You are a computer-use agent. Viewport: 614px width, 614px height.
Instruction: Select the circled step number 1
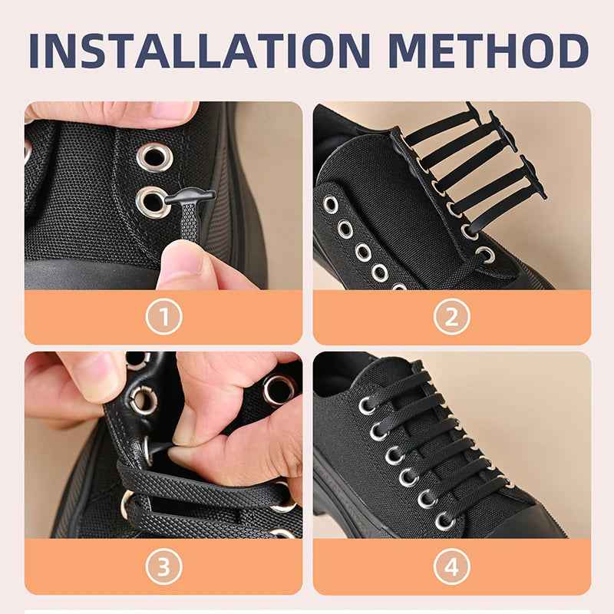click(163, 316)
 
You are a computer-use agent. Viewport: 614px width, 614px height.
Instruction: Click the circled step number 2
click(451, 316)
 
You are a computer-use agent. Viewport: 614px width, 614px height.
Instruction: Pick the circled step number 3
click(163, 567)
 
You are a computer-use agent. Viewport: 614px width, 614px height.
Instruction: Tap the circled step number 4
click(451, 567)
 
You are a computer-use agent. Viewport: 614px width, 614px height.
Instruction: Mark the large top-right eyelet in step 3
click(277, 389)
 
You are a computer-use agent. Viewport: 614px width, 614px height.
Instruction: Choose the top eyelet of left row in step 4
click(367, 404)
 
